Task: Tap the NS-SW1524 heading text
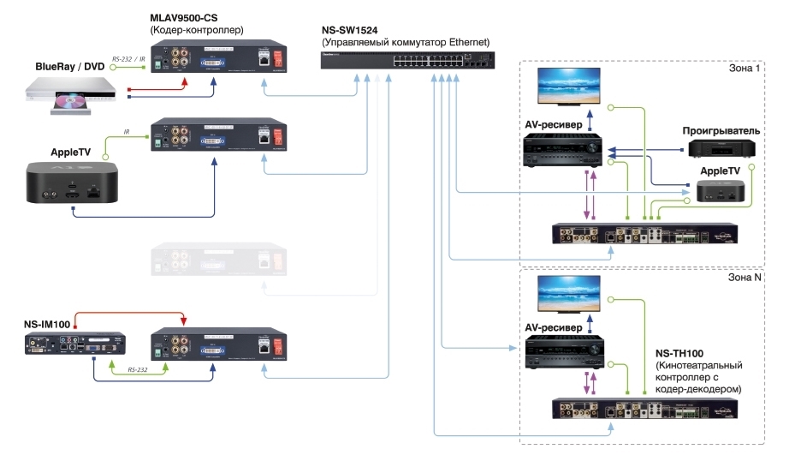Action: pos(353,29)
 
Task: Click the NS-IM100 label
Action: pos(48,324)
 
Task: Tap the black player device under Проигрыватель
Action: pos(721,149)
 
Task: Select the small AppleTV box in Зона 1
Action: pos(721,191)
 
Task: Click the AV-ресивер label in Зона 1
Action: pos(553,125)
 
